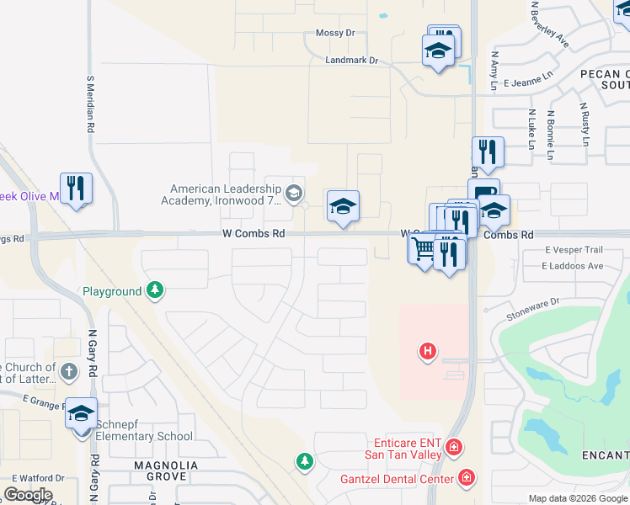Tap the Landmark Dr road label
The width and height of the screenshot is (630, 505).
point(352,61)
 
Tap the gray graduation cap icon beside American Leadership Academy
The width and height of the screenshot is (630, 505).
point(293,194)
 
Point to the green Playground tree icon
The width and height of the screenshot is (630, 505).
point(154,291)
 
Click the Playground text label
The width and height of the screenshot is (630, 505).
point(112,292)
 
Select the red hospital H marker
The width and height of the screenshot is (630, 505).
point(428,350)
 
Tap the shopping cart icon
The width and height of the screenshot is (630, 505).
point(423,249)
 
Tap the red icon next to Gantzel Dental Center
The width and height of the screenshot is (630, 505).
point(466,479)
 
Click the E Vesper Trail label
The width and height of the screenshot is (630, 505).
point(574,250)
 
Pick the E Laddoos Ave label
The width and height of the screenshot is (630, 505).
point(573,266)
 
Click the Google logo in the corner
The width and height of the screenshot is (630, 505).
point(28,494)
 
